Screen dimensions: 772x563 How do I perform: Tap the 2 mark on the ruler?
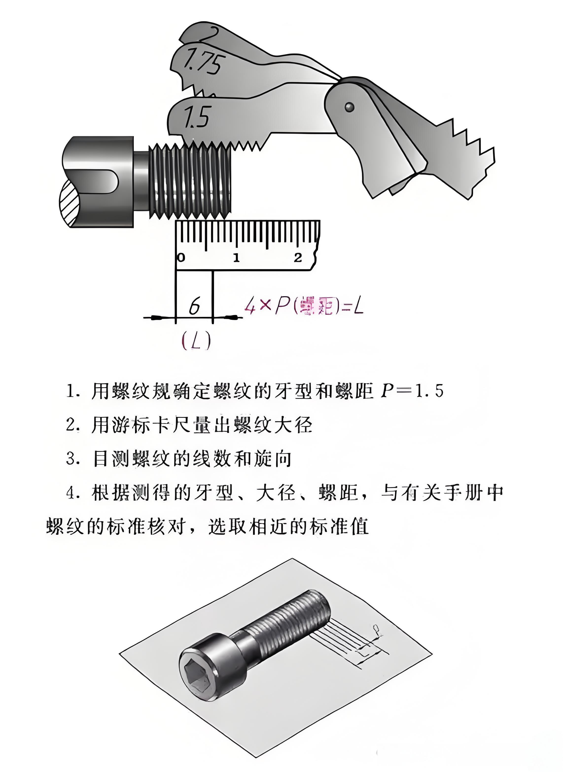(298, 258)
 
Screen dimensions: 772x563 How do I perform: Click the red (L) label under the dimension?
(196, 340)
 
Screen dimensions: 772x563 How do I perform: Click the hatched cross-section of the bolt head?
(70, 202)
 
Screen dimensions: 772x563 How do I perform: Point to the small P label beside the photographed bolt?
(376, 627)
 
